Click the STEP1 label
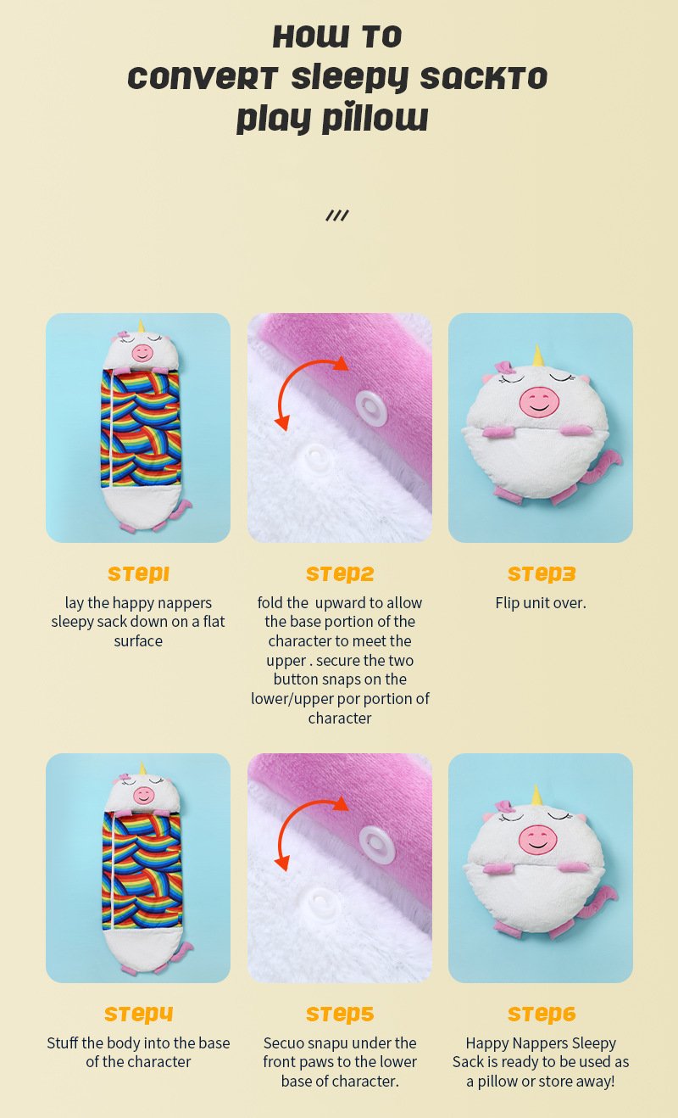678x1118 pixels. (138, 574)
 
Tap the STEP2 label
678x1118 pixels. (340, 574)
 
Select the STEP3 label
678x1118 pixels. (542, 574)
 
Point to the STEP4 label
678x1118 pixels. (138, 1014)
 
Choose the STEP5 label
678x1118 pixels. (340, 1014)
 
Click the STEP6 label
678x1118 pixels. (542, 1014)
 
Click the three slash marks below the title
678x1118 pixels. (337, 215)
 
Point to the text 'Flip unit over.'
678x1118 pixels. (541, 603)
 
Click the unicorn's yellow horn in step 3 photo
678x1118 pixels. (536, 355)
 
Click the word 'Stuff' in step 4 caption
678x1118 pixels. (65, 1043)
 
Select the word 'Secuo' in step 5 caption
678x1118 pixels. (285, 1043)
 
